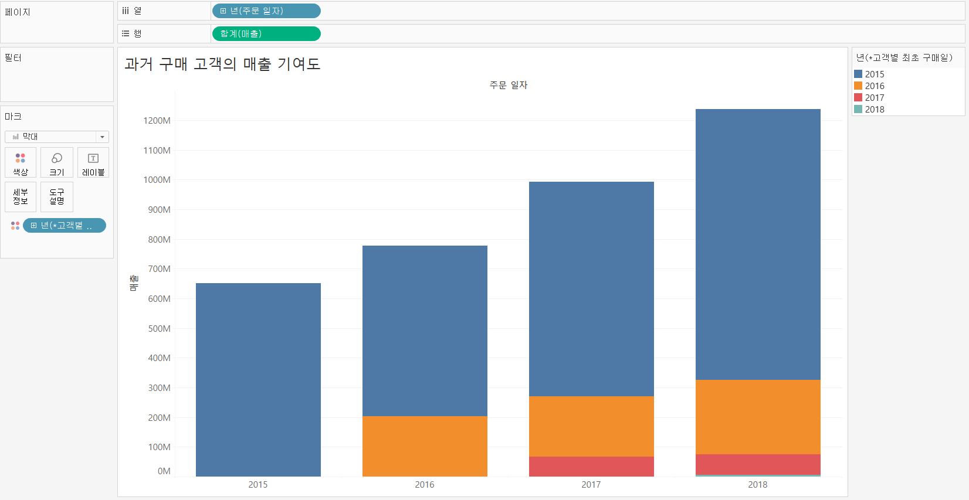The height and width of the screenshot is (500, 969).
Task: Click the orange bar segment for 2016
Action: (x=425, y=446)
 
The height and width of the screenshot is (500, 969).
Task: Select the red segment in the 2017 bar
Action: (x=591, y=466)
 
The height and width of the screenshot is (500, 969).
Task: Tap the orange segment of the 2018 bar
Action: (x=758, y=417)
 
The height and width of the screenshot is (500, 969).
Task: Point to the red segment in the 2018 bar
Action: (x=758, y=464)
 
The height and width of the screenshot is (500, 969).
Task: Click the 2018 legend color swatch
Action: (x=858, y=110)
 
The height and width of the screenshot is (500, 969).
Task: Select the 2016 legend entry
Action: (x=874, y=86)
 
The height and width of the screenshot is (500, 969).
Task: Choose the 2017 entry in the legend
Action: (x=874, y=98)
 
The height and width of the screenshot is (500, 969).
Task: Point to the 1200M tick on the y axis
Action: (x=157, y=121)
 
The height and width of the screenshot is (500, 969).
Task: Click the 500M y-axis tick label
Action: (x=159, y=328)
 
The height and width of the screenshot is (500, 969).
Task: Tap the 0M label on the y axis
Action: (x=164, y=471)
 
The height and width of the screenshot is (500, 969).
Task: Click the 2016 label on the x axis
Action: (x=425, y=485)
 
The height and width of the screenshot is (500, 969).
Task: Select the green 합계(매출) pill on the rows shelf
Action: (x=266, y=34)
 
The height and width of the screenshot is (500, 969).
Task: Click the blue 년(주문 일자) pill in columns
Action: (x=266, y=11)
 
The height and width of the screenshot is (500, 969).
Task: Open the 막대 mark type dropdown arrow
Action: (x=102, y=137)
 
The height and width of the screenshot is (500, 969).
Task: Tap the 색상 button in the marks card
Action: (x=21, y=163)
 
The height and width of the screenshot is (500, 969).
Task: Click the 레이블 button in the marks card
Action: (x=93, y=163)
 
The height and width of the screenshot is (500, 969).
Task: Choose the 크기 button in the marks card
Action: (x=57, y=163)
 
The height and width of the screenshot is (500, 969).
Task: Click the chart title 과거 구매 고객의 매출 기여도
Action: (x=222, y=64)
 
